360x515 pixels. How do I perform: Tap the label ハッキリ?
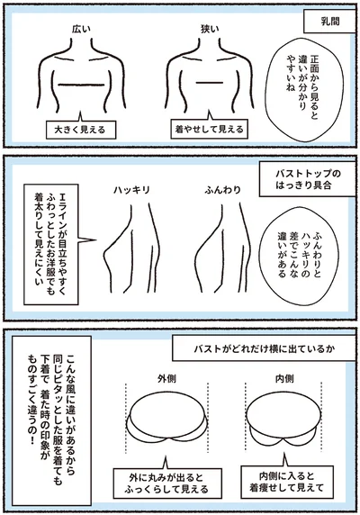133,192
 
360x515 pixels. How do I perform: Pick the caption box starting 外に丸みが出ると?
169,482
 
